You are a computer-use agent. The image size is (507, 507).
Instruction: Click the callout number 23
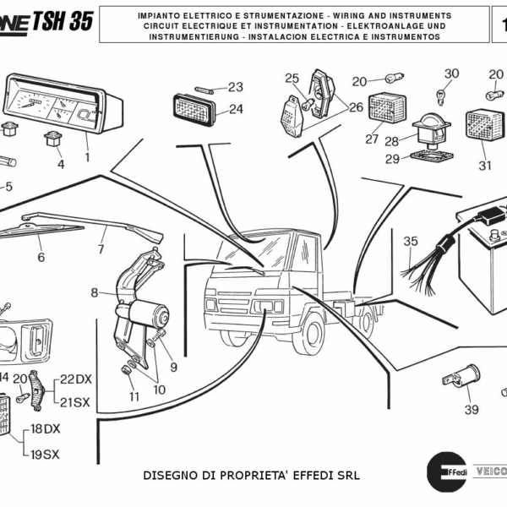coord(235,87)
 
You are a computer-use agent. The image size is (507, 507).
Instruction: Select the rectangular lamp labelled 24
coord(195,108)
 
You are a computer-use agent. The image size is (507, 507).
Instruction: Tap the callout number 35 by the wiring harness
coord(410,242)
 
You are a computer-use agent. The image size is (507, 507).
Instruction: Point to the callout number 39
coord(472,410)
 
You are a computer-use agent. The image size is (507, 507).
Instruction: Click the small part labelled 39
coord(466,373)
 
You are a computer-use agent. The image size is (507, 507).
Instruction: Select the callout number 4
coord(61,164)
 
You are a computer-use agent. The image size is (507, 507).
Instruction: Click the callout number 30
coord(451,74)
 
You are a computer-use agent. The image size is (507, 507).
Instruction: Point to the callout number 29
coord(391,159)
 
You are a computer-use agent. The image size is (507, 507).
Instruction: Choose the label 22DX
coord(75,379)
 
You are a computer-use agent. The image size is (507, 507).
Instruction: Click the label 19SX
coord(45,454)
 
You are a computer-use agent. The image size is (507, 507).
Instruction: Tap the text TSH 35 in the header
coord(63,23)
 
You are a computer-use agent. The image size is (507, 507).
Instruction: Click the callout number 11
coord(134,396)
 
